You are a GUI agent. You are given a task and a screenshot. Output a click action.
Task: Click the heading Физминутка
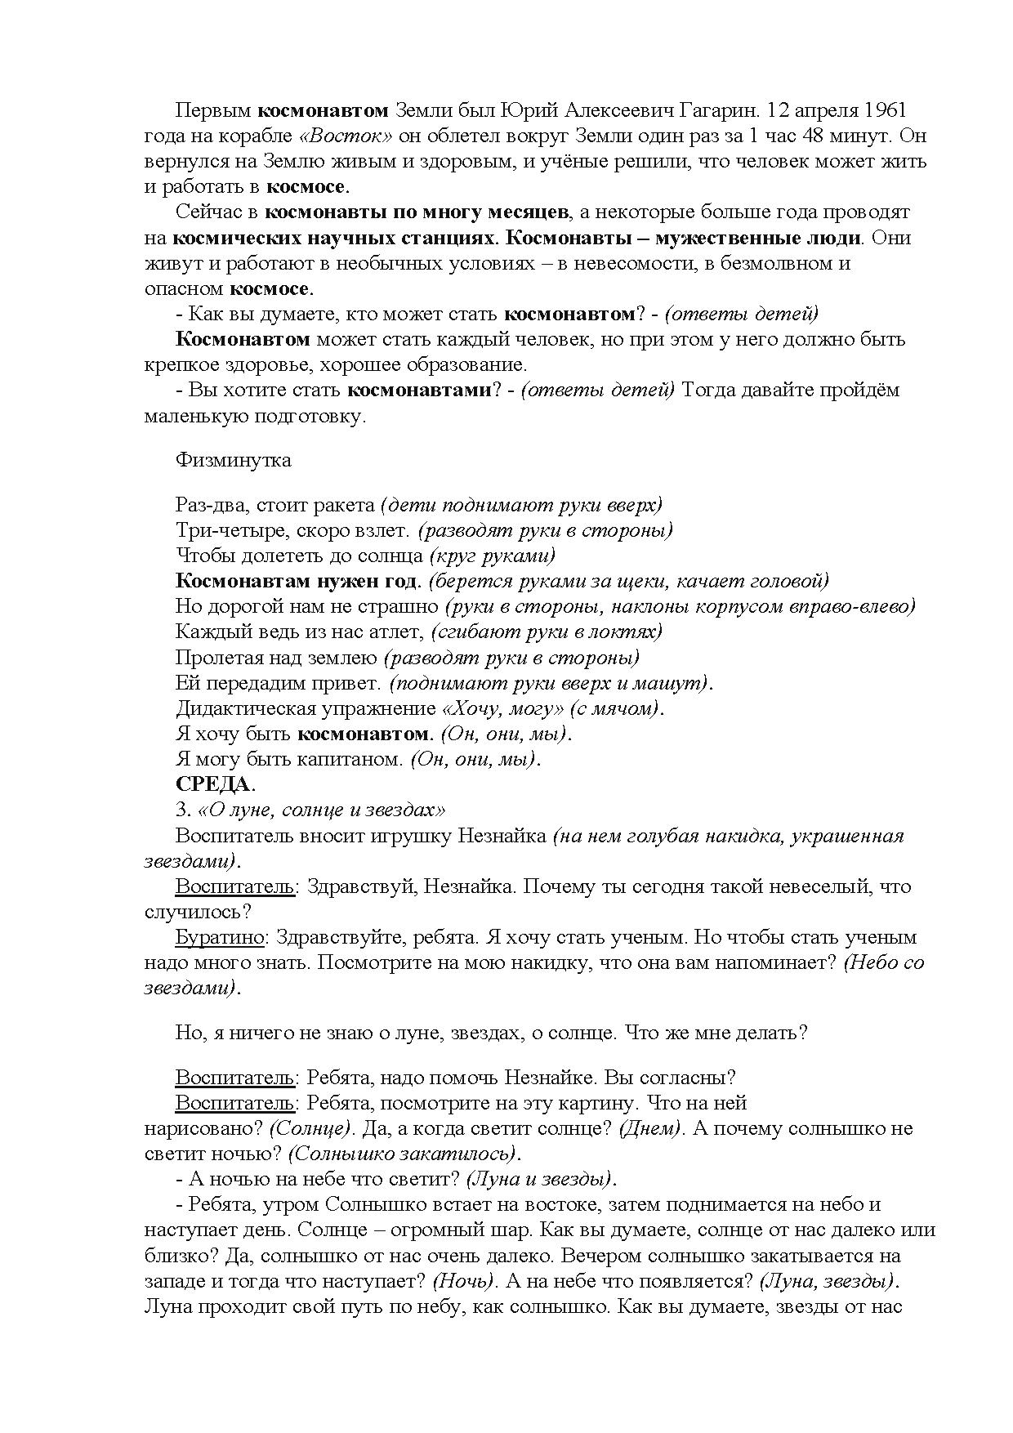pos(233,460)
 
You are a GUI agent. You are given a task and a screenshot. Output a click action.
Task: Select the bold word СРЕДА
pos(212,784)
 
